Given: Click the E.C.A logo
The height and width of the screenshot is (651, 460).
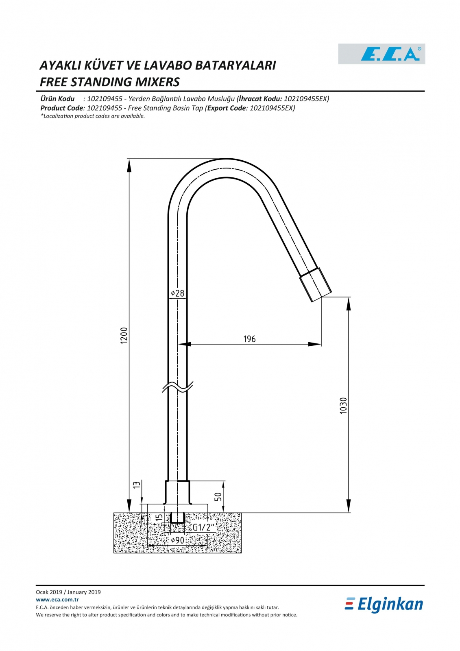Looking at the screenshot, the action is coord(382,54).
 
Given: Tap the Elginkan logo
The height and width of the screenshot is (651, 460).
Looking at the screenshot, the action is coord(384,605).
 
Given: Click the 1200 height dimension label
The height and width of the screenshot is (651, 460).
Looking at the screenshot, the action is coord(124,335).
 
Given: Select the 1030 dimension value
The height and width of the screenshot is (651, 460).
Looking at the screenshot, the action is coord(343,405).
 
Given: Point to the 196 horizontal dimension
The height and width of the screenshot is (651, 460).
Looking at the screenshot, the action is coord(249,339).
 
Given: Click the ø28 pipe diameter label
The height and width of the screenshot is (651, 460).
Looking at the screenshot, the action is coord(178,293).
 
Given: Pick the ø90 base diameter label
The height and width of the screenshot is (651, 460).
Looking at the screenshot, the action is coord(178,540).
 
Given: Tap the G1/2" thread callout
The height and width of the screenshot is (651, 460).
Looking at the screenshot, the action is coord(203,527).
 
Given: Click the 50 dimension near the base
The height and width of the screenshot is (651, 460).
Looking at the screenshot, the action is coord(218,496).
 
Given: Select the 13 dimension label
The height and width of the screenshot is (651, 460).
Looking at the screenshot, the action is coord(137,485).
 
